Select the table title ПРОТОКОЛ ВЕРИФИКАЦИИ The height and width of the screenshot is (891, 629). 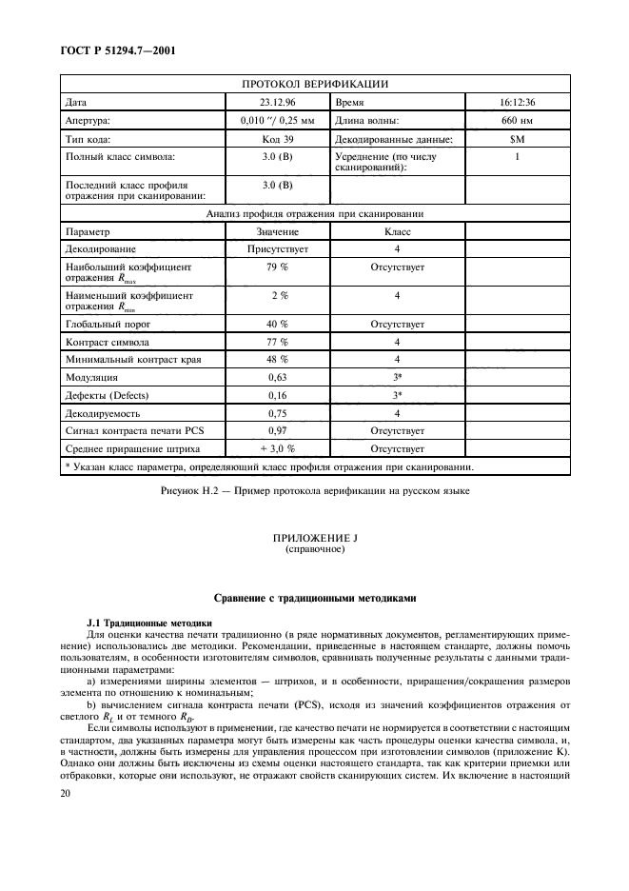[314, 84]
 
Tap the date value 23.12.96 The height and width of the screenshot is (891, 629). [277, 102]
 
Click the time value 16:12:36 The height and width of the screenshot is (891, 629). [517, 102]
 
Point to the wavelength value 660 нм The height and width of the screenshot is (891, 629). [517, 121]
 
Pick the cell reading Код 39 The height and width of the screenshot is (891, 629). [277, 140]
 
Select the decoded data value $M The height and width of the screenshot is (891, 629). [517, 140]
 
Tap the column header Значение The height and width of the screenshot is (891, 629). [277, 231]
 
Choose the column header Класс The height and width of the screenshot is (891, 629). [397, 231]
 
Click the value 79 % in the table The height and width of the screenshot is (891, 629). [277, 268]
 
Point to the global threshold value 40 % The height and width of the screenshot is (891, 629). [277, 324]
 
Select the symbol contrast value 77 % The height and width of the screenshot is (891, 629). [277, 341]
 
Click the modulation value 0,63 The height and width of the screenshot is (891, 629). [277, 377]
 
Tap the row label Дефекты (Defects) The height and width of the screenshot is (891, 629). [106, 395]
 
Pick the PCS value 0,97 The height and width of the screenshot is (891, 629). [277, 431]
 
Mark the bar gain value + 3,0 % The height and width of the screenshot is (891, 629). [277, 448]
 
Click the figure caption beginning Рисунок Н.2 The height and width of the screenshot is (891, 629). [314, 490]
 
